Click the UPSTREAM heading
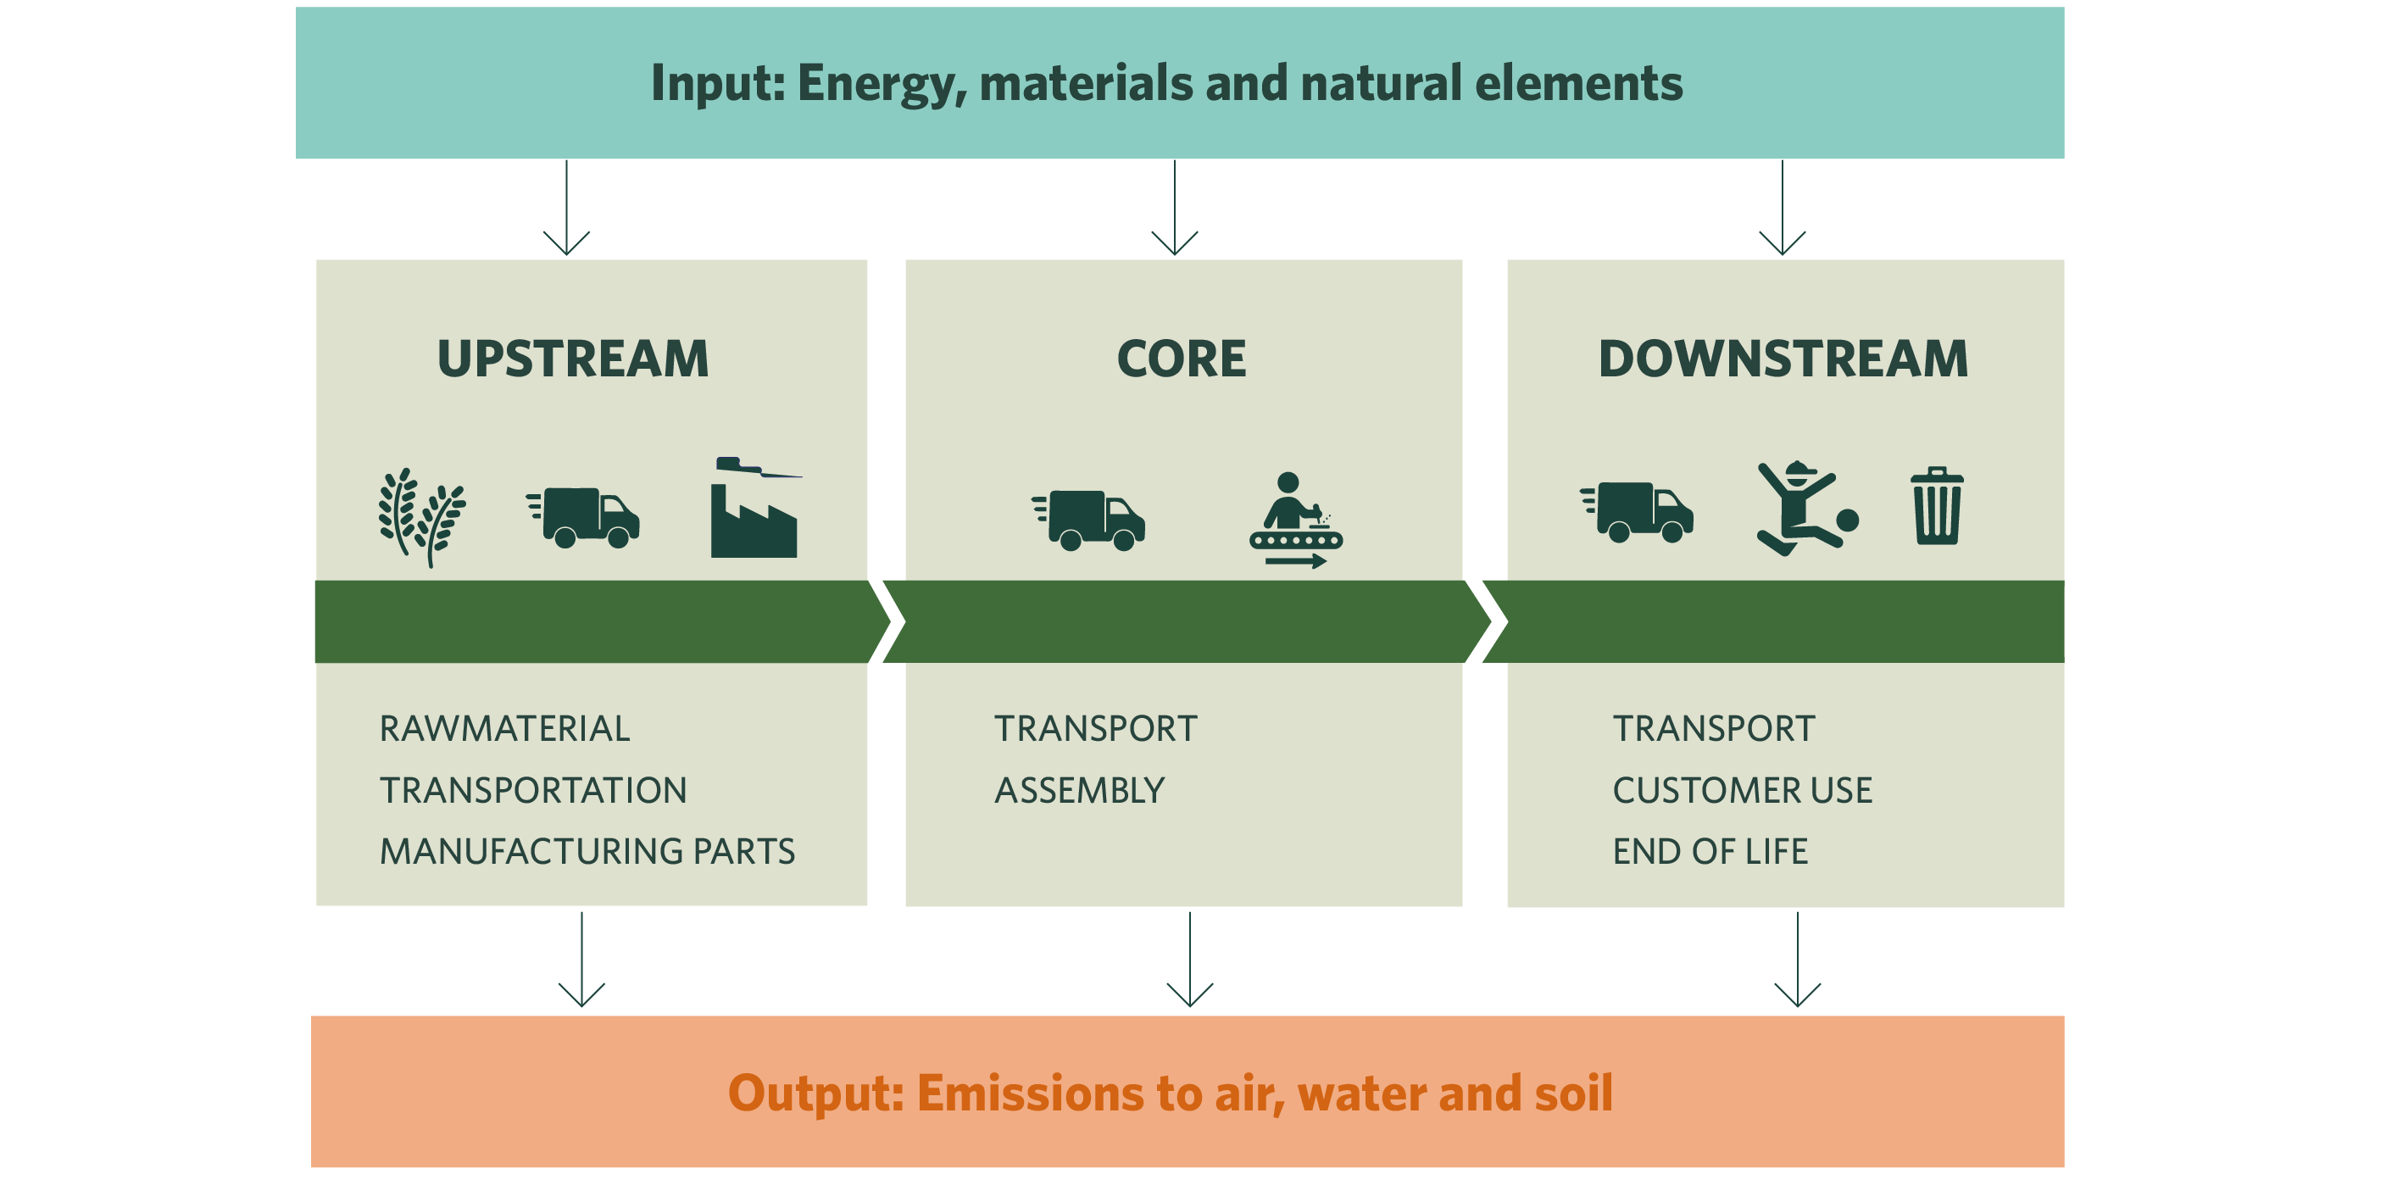click(573, 359)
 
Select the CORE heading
click(1182, 359)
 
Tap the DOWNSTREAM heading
click(1783, 359)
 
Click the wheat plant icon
click(421, 517)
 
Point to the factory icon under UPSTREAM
click(754, 509)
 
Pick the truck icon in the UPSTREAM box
click(583, 517)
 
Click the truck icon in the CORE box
click(1088, 520)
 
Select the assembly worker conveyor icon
click(1296, 520)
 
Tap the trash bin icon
click(1938, 506)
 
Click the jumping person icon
click(1807, 509)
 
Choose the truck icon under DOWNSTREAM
click(1637, 511)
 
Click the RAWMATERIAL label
click(504, 729)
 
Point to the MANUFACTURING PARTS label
click(587, 851)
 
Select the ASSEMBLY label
click(1079, 790)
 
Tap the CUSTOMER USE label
click(1743, 790)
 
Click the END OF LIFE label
click(1710, 851)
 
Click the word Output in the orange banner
click(815, 1093)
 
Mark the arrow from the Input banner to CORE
click(1175, 207)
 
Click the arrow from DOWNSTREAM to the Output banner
click(1798, 960)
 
